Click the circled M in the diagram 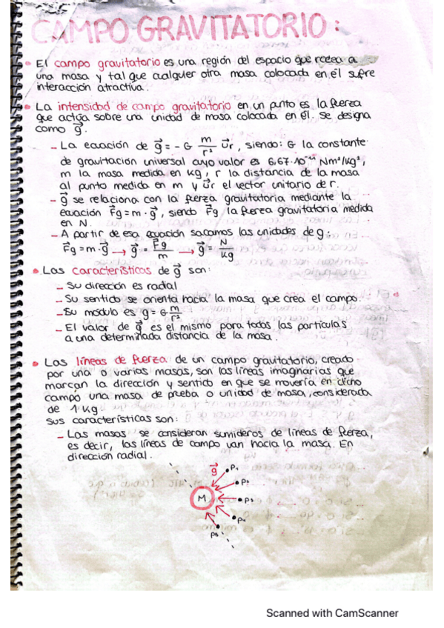coord(202,501)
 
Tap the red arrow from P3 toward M coord(227,500)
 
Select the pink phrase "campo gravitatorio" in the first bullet coord(96,64)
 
